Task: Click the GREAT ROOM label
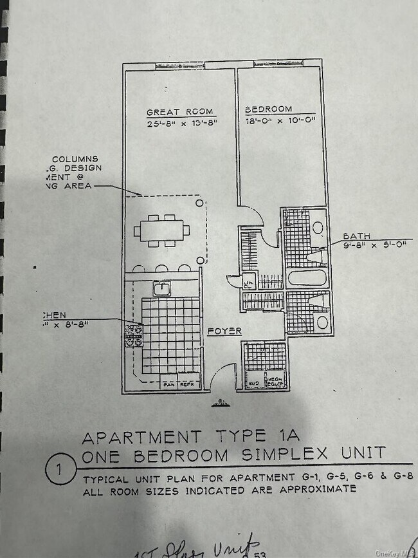coord(179,111)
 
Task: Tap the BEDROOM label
coord(268,109)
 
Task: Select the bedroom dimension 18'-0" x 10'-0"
coord(279,120)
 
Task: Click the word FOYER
coord(224,331)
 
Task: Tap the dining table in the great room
coord(161,230)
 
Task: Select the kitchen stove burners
coord(133,334)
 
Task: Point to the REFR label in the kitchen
coord(187,384)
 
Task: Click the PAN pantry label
coord(169,384)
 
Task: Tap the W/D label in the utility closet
coord(253,380)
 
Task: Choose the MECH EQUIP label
coord(275,380)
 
